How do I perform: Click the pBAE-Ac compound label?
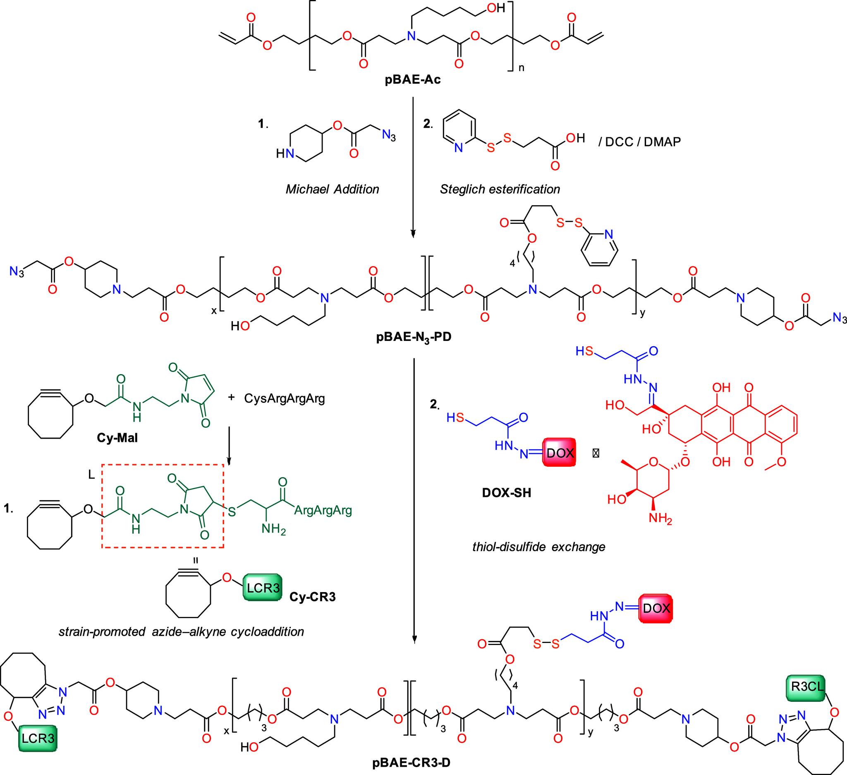(413, 79)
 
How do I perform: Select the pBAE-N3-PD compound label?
(414, 337)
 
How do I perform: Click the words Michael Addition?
(333, 190)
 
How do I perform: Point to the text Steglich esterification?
(500, 190)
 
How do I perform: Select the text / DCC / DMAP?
(639, 142)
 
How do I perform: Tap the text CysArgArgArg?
(285, 398)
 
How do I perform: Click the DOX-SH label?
(507, 492)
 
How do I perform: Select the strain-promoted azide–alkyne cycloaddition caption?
(182, 632)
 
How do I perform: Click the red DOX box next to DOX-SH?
(559, 453)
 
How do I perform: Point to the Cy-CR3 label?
(313, 597)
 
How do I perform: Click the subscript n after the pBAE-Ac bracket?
(522, 68)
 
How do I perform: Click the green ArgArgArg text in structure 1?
(323, 511)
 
